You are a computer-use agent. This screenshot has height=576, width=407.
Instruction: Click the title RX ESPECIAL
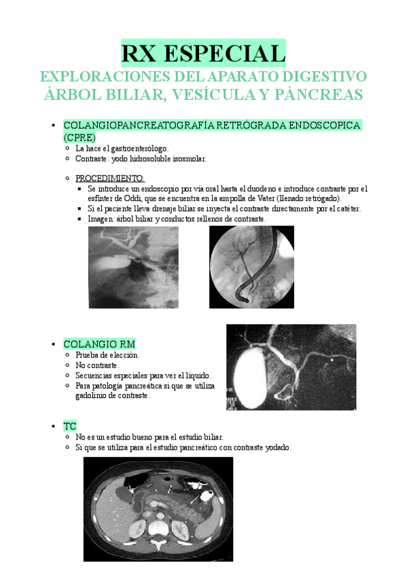[x=203, y=53]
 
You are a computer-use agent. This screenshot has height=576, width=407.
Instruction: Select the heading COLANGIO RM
[x=99, y=344]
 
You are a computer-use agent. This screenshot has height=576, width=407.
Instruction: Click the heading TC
[x=69, y=425]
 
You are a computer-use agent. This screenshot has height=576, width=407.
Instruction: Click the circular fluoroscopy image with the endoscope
[x=251, y=267]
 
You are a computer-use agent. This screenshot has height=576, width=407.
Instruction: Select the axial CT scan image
[x=158, y=509]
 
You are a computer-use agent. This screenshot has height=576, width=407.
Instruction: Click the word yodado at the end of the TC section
[x=275, y=448]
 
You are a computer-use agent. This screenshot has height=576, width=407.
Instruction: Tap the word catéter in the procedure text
[x=346, y=209]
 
